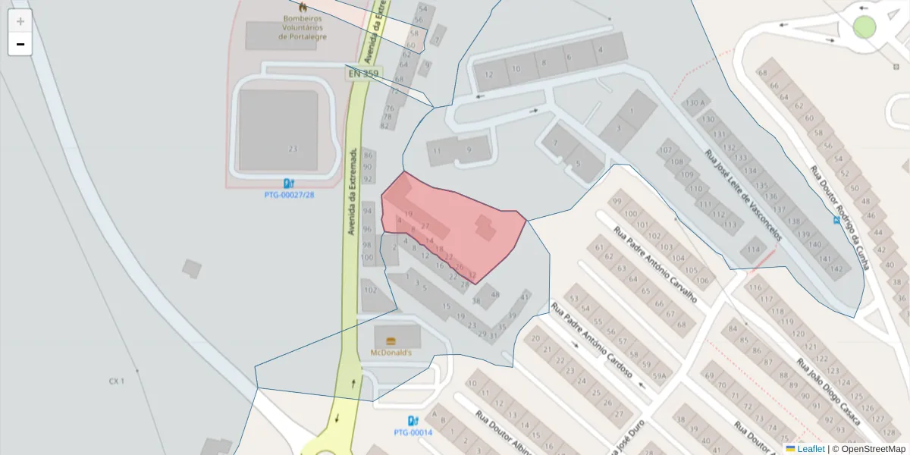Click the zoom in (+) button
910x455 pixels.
[x=20, y=21]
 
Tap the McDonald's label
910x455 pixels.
[x=391, y=353]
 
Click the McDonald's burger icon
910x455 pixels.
[x=391, y=341]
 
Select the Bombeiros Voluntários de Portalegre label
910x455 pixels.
[x=303, y=27]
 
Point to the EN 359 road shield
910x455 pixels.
[x=364, y=74]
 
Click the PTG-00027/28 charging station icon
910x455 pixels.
[x=288, y=184]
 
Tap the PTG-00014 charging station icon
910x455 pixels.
[x=413, y=421]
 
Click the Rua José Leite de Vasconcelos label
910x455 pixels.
[x=742, y=195]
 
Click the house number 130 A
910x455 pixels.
[x=695, y=103]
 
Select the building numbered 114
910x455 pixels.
[x=754, y=249]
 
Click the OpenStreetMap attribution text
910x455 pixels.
[x=868, y=449]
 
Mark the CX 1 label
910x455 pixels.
[x=116, y=381]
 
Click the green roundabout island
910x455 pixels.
[x=864, y=27]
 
